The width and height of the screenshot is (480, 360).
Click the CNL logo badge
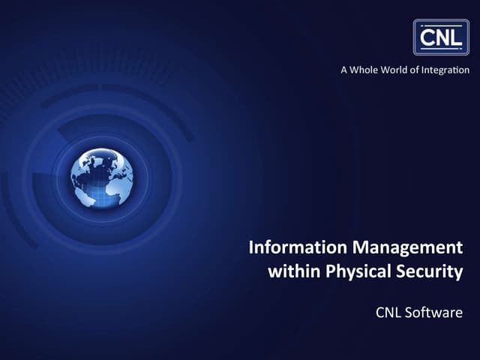pyautogui.click(x=441, y=37)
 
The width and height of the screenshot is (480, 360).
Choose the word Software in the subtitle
pyautogui.click(x=435, y=311)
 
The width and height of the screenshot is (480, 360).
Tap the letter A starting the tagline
pyautogui.click(x=345, y=70)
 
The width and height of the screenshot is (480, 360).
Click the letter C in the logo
pyautogui.click(x=427, y=36)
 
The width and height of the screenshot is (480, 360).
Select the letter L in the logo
pyautogui.click(x=456, y=36)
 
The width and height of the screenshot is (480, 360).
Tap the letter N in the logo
pyautogui.click(x=442, y=36)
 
